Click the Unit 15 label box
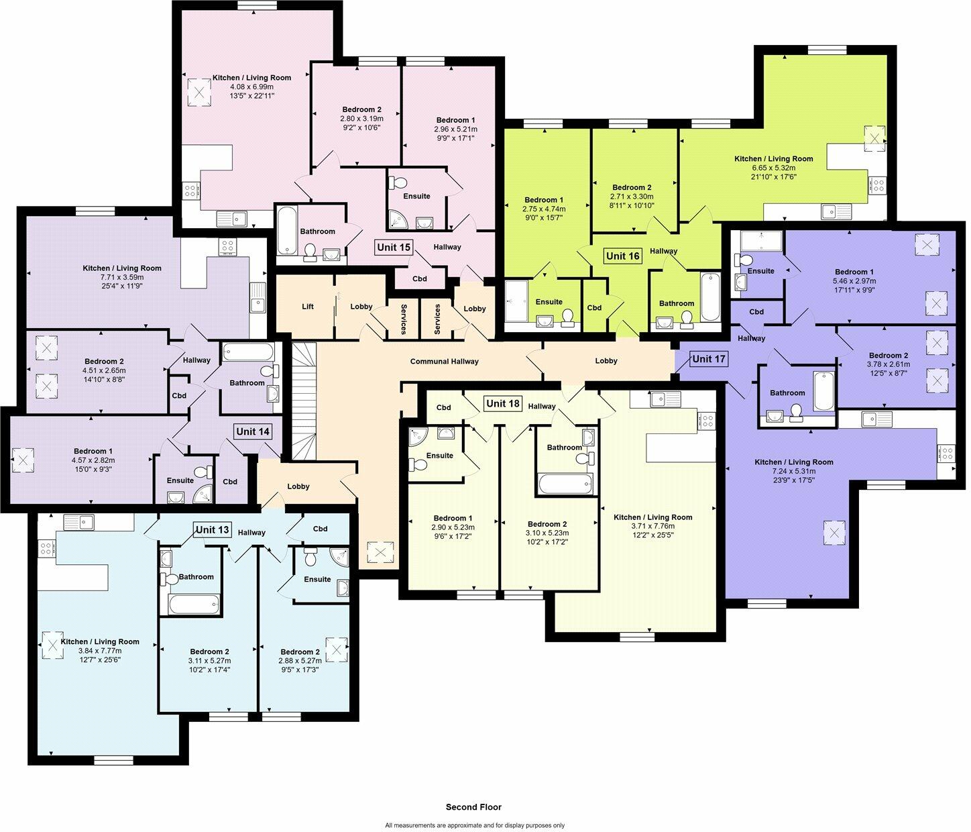(x=394, y=247)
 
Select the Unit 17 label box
(x=709, y=359)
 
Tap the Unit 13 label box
(x=213, y=530)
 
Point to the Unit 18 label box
(x=503, y=403)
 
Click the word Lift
(x=308, y=307)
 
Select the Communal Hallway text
(x=444, y=362)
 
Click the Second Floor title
(x=473, y=807)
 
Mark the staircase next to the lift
(x=304, y=401)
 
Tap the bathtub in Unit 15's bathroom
(x=287, y=231)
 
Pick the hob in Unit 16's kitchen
(x=877, y=185)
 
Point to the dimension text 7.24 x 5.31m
(x=793, y=471)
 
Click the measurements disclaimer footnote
(x=475, y=825)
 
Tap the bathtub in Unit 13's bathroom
(x=194, y=604)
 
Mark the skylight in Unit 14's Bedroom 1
(x=23, y=460)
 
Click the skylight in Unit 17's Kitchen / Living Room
(x=834, y=534)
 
